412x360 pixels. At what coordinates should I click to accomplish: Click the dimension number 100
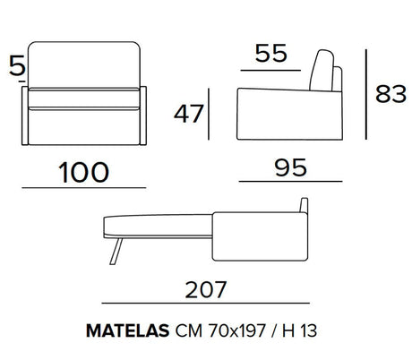tap(83, 172)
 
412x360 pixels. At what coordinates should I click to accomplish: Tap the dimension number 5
tap(17, 65)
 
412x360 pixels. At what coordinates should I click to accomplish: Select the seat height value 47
tap(188, 114)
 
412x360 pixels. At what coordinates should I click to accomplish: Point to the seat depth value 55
tap(271, 53)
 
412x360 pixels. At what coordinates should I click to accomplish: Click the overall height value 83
tap(391, 94)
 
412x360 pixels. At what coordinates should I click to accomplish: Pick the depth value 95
tap(290, 167)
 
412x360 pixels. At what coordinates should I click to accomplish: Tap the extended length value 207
tap(206, 289)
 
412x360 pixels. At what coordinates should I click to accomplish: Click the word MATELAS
tap(128, 330)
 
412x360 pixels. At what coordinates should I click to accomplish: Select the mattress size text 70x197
tap(236, 330)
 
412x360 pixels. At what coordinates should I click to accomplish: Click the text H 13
tap(299, 330)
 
